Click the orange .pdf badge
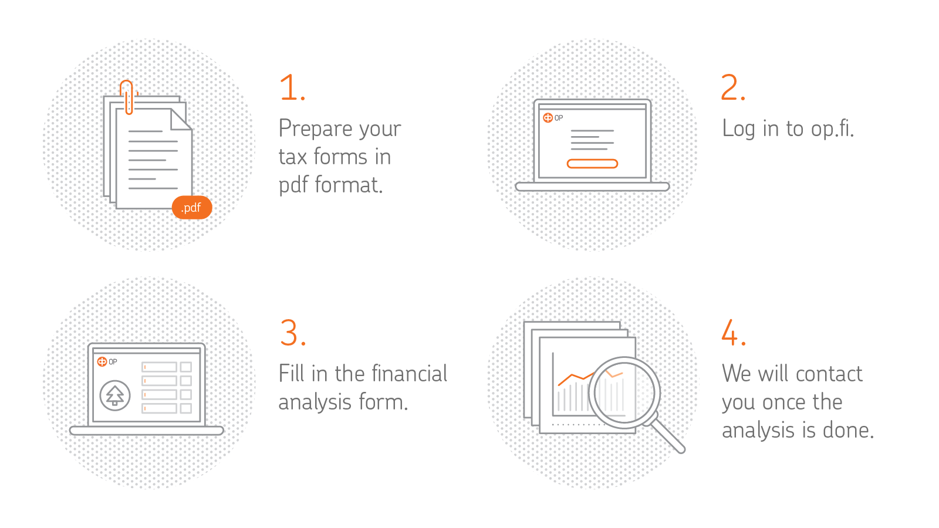[x=192, y=208]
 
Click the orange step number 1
[x=292, y=87]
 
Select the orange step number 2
[x=733, y=87]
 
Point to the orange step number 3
[x=293, y=333]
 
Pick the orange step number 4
[x=734, y=333]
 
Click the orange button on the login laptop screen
[x=592, y=164]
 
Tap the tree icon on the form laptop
[x=115, y=395]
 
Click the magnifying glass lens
[x=624, y=393]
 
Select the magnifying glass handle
[x=668, y=435]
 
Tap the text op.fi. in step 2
[x=832, y=128]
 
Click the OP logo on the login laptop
[x=553, y=118]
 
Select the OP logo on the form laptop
[x=107, y=361]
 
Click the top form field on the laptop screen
[x=159, y=367]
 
